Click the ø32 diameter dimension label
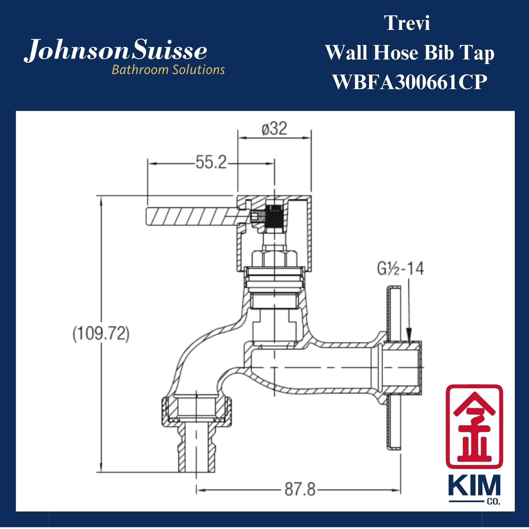pos(274,129)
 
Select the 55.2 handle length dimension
pos(211,163)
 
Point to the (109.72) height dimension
pos(101,334)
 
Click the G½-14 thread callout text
pos(400,269)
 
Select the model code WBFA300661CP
pos(409,82)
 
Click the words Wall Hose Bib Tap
pos(409,53)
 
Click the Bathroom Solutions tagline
pos(168,70)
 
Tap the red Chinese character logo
pos(474,425)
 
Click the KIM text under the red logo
pos(474,487)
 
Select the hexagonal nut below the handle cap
pos(274,258)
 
